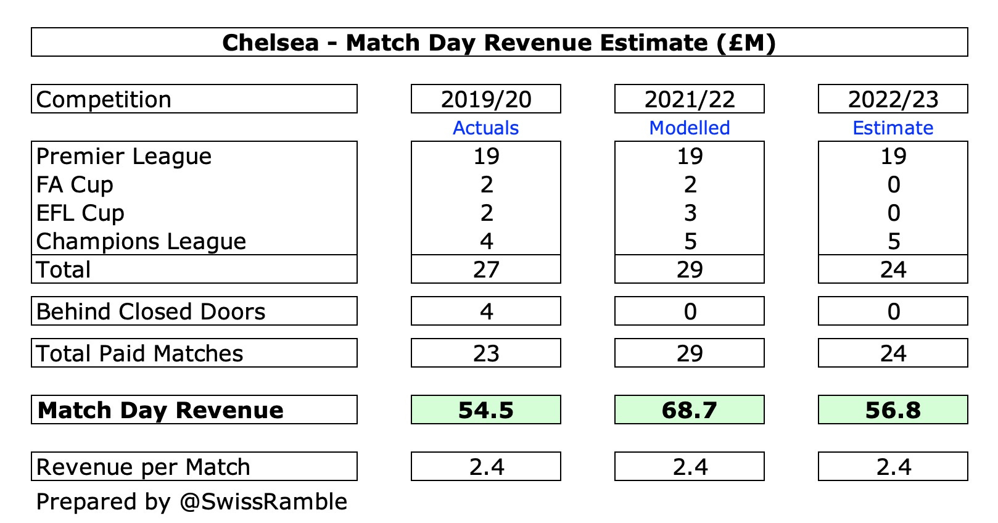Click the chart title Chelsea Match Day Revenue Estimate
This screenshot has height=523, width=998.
tap(498, 43)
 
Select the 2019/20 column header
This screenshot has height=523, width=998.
tap(486, 99)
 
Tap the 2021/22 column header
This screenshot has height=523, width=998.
tap(690, 99)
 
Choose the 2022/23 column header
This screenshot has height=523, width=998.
tap(893, 99)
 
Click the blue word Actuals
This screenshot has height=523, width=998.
tap(486, 128)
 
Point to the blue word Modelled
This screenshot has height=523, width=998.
tap(690, 128)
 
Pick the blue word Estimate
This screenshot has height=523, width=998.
tap(893, 128)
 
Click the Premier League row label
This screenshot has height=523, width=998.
tap(124, 157)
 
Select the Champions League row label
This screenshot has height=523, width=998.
tap(141, 241)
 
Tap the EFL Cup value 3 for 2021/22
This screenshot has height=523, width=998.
tap(690, 213)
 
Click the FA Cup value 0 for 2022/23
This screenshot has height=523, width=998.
tap(894, 184)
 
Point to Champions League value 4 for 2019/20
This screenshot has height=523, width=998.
tap(487, 241)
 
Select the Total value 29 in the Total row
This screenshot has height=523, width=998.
tap(690, 270)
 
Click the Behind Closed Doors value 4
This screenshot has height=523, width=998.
tap(487, 311)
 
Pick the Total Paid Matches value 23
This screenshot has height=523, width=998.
tap(486, 353)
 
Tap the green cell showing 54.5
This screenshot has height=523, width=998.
tap(486, 410)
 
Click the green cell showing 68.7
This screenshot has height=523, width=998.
tap(690, 410)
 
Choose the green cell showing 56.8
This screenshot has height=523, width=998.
tap(893, 410)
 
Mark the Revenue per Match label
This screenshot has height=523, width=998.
tap(143, 467)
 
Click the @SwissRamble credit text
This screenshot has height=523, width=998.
tap(263, 501)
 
